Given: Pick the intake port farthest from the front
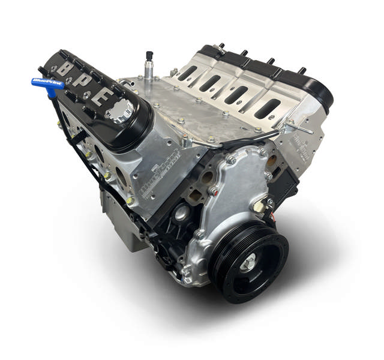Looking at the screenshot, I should point(187,73).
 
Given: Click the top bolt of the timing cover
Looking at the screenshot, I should point(231,159).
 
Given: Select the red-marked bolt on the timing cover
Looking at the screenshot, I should point(212,191).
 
